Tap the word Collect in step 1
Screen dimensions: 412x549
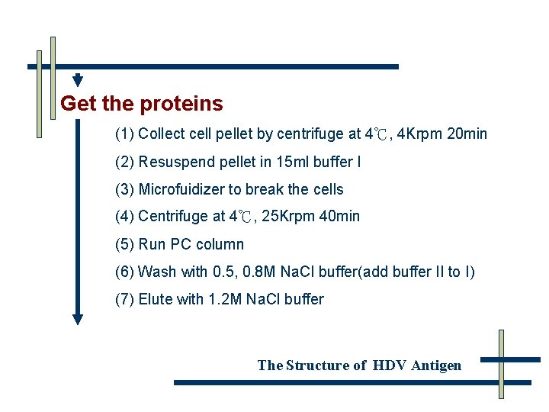point(162,134)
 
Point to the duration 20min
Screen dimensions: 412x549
point(467,134)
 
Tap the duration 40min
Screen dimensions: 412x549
point(339,217)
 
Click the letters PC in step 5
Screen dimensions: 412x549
point(181,244)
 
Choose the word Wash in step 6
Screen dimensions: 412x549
point(157,272)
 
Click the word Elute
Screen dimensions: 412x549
point(156,299)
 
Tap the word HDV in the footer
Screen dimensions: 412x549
point(390,365)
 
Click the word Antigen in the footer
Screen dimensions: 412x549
point(436,365)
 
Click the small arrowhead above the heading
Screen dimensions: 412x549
point(78,81)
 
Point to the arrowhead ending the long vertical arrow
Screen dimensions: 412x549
point(77,320)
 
